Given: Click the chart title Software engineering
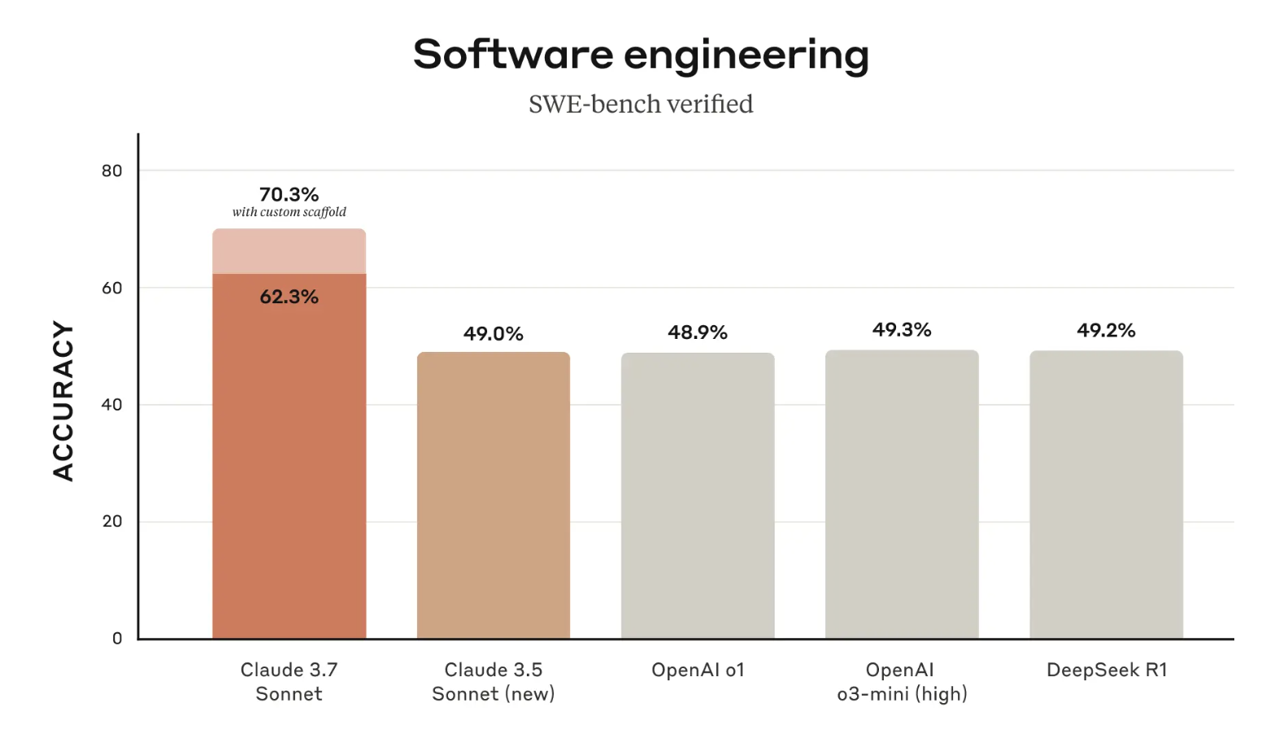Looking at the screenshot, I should [641, 55].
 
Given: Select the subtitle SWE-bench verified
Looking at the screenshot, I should [641, 104].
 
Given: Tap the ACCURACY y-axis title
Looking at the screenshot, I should [63, 401].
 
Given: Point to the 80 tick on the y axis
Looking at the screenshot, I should [112, 171].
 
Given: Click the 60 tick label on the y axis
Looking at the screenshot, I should [112, 288].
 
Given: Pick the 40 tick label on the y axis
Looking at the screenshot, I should [112, 405].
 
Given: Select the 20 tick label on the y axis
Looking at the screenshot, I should [112, 522].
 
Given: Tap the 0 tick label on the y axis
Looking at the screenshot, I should [117, 639].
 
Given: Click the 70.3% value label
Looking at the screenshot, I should [289, 194].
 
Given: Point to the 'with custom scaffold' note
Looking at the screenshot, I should [289, 212].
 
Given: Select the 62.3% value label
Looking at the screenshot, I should [289, 297].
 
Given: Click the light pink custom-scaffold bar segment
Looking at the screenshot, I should [289, 251].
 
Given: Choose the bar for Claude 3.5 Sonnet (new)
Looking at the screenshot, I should [494, 495].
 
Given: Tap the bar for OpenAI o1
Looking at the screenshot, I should [698, 495].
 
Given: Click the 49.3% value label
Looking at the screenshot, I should [902, 329].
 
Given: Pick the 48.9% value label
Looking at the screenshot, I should [698, 332].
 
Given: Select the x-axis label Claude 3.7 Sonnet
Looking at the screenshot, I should [289, 682].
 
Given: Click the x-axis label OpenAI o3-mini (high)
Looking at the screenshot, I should [902, 682].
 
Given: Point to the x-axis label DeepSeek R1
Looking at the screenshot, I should [1107, 670].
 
